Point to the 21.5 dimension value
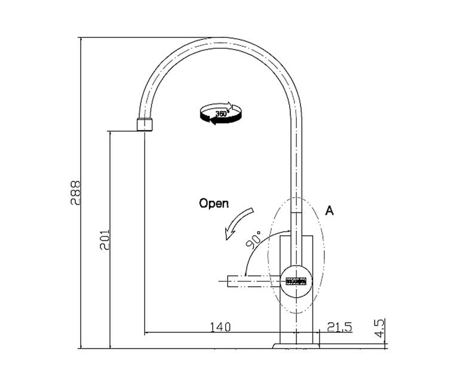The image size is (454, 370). click(x=339, y=327)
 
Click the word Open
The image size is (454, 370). click(x=213, y=203)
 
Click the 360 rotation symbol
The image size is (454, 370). click(x=221, y=113)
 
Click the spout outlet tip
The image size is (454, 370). click(x=145, y=125)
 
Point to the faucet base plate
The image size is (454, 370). click(x=296, y=344)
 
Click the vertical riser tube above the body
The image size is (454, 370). click(x=297, y=179)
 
